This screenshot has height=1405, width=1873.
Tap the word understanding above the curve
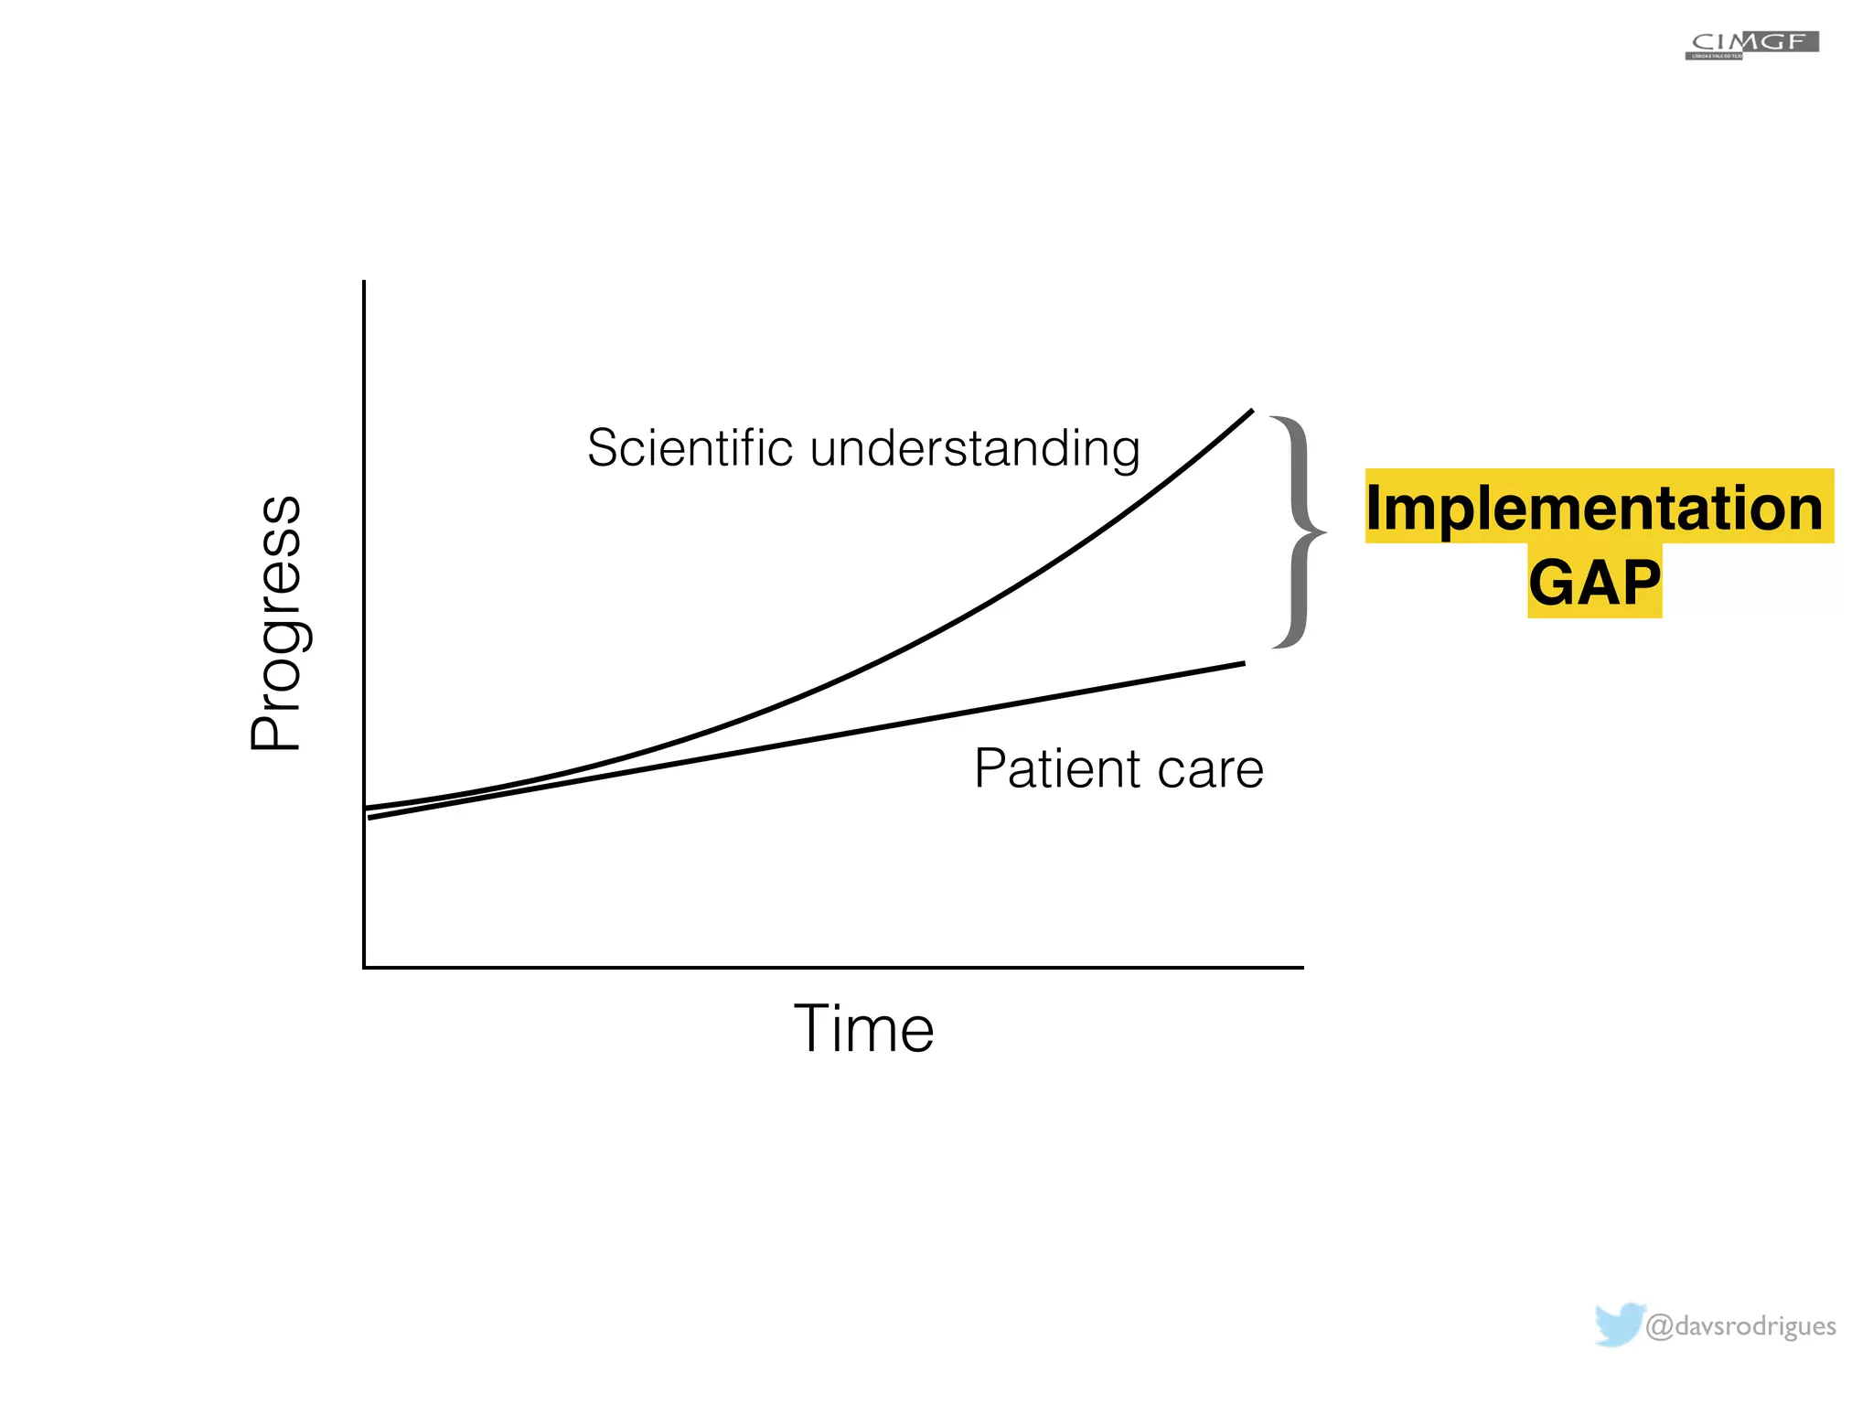pos(975,450)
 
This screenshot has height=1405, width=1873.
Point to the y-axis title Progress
pos(275,623)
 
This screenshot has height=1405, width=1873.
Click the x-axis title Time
pos(863,1029)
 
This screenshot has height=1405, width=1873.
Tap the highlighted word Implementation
pos(1595,508)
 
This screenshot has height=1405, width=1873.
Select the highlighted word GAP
pos(1594,583)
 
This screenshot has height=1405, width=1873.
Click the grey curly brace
pos(1297,531)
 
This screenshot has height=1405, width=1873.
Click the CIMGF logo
pos(1751,45)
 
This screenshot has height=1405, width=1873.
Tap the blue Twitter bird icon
pos(1619,1325)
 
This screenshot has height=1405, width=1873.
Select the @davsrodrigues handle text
pos(1740,1325)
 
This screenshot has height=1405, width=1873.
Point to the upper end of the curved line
pos(1252,411)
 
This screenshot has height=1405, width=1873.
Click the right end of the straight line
pos(1245,663)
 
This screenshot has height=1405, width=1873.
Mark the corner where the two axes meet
pos(365,967)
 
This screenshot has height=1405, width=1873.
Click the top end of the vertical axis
pos(364,282)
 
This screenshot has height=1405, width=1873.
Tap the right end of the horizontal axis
pos(1302,967)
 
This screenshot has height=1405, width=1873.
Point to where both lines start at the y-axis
pos(367,812)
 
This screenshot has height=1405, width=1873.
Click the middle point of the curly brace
pos(1322,531)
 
